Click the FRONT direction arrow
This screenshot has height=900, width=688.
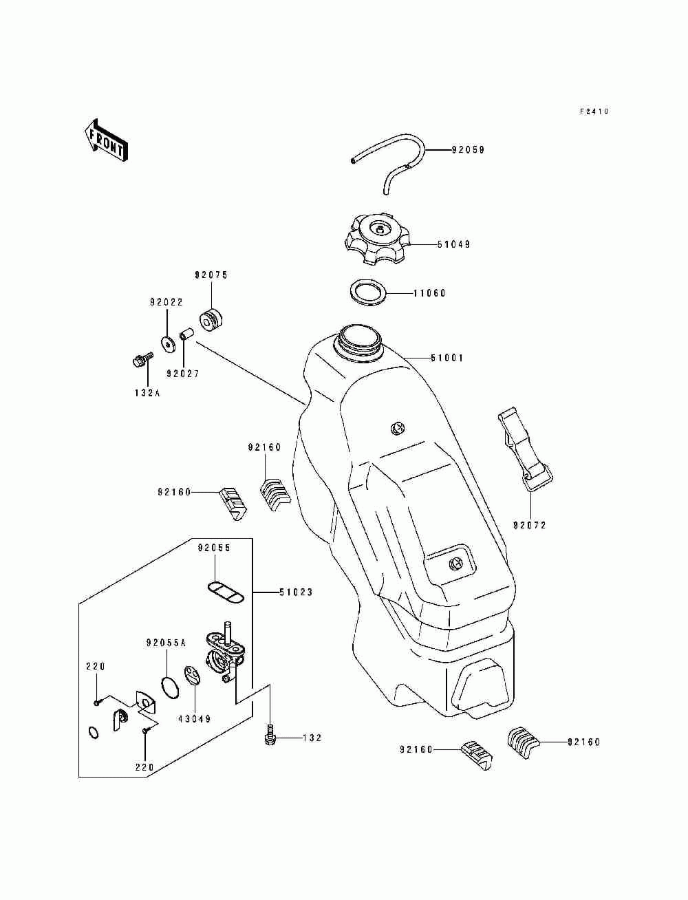tap(106, 140)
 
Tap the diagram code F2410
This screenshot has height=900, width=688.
tap(594, 111)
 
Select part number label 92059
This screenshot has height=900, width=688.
tap(468, 150)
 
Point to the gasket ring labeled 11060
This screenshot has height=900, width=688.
tap(369, 292)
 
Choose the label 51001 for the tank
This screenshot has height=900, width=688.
tap(447, 358)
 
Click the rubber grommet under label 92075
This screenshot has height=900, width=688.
tap(211, 319)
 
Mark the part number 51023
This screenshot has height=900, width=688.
tap(296, 592)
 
